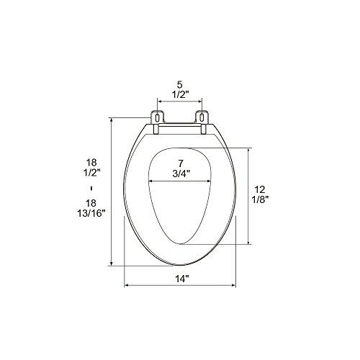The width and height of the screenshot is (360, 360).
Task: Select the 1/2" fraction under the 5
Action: [179, 94]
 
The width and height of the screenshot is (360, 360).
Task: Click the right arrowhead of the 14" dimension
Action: [235, 287]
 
